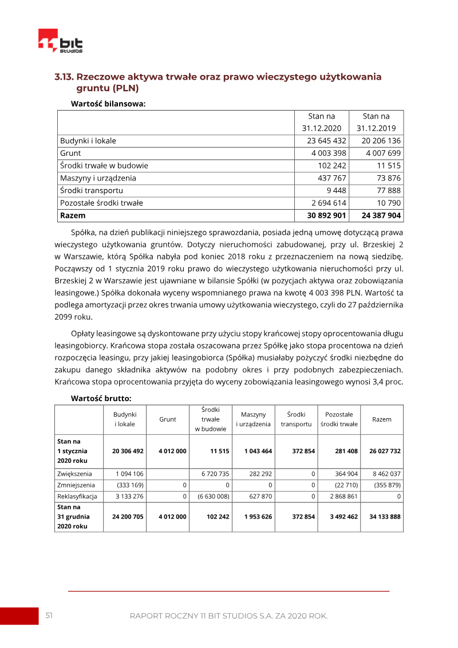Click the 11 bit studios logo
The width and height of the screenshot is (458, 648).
click(x=60, y=41)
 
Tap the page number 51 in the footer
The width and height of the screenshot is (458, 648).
click(x=49, y=615)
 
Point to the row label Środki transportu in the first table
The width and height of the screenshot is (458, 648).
click(x=92, y=190)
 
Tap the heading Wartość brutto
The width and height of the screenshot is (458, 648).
click(x=101, y=398)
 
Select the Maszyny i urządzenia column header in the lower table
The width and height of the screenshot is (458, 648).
click(x=253, y=419)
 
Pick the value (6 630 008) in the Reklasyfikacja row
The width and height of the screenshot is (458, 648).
click(x=212, y=496)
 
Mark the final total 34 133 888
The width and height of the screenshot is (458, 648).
click(x=385, y=516)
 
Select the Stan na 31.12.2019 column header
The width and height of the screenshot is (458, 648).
click(x=376, y=122)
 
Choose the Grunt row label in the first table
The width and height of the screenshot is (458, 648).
click(x=70, y=153)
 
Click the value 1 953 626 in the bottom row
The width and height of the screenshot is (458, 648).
click(x=258, y=516)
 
